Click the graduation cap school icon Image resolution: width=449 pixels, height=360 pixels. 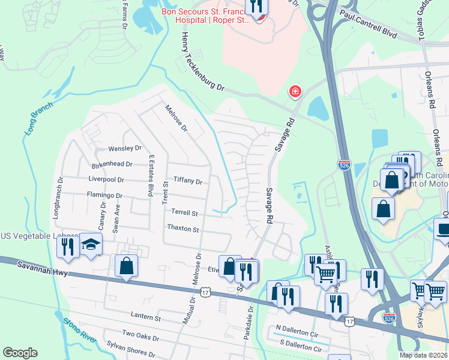tap(91, 245)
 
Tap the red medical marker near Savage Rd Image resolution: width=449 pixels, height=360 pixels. tap(295, 92)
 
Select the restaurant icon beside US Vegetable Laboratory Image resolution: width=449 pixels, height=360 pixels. tap(67, 246)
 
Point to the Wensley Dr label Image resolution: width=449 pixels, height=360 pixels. tap(124, 148)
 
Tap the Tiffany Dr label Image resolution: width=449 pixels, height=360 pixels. tap(188, 180)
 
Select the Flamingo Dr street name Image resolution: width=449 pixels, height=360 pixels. tap(104, 196)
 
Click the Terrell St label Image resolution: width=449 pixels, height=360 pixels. tap(184, 212)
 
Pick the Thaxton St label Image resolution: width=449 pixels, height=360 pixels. tap(182, 229)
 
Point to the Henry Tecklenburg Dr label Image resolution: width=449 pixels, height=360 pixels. tap(202, 62)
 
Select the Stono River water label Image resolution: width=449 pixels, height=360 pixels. tap(79, 329)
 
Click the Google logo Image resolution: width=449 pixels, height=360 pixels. tap(19, 353)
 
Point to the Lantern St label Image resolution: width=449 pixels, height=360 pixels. tap(146, 316)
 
